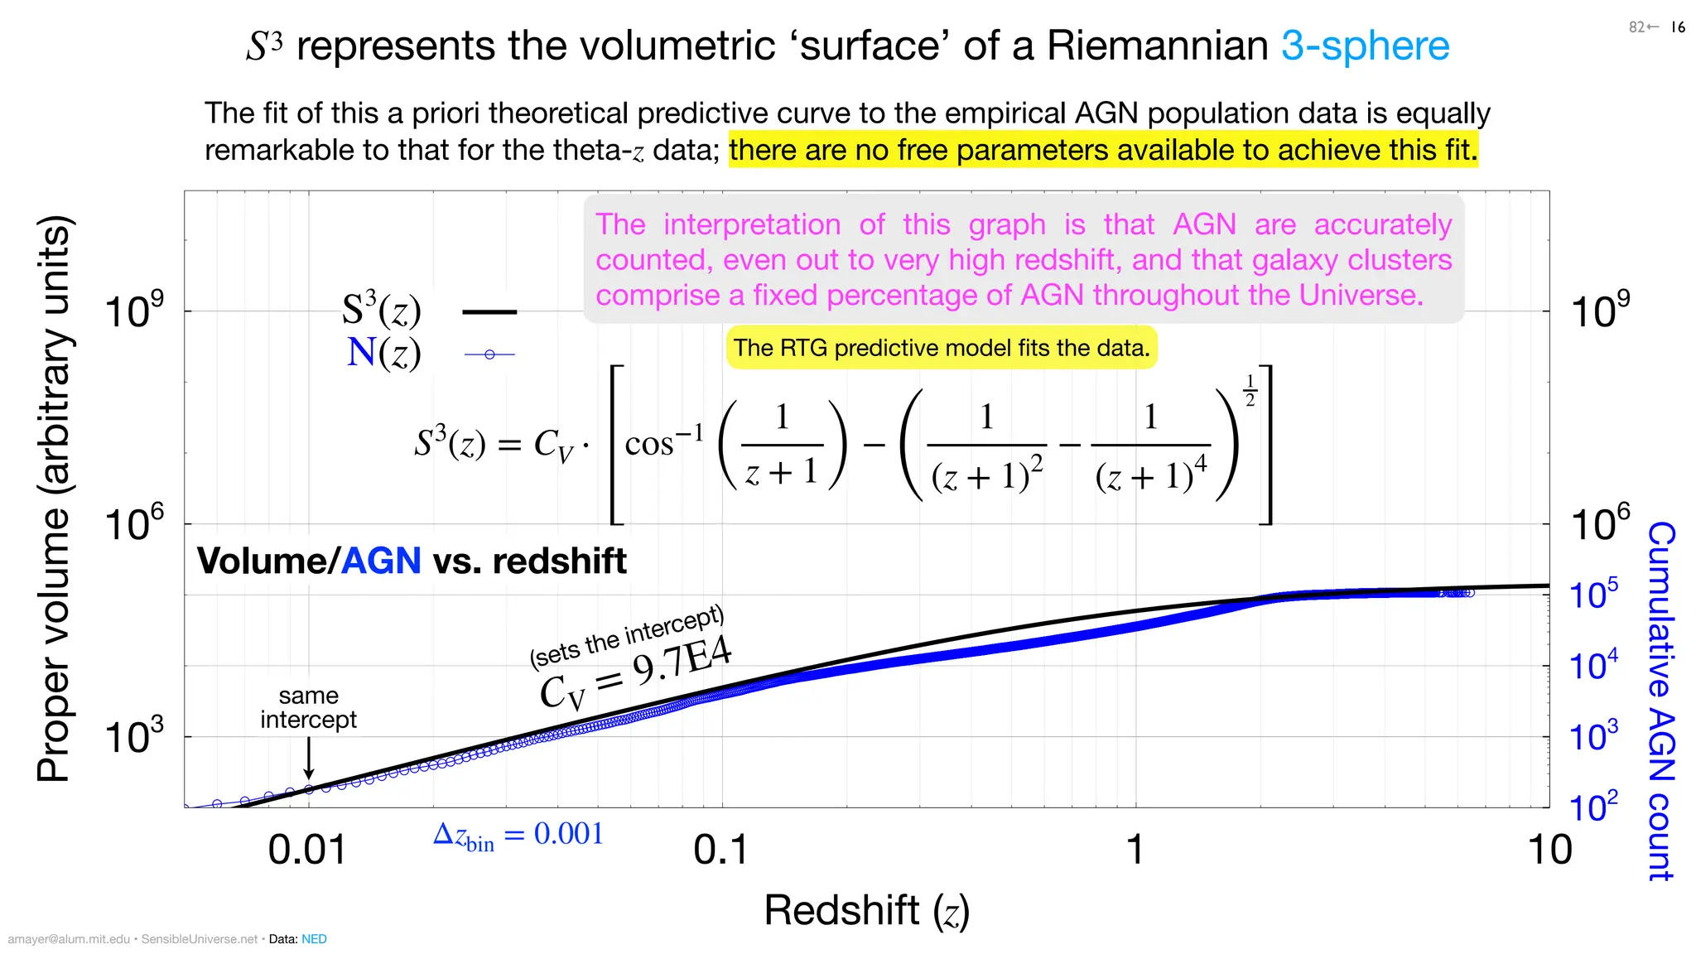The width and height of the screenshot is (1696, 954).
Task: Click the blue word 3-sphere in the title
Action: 1365,46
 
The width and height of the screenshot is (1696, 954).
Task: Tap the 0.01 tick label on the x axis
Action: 307,850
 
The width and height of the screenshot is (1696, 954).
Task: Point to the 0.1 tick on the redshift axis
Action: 721,850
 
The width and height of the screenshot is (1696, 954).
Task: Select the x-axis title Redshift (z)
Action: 866,910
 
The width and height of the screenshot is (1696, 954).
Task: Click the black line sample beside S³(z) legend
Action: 489,312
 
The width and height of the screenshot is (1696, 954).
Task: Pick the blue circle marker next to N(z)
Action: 489,354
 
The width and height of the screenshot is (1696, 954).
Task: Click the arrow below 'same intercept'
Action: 308,758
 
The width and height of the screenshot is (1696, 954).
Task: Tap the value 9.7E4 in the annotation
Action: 682,662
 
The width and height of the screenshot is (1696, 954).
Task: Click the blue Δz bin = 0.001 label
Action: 518,835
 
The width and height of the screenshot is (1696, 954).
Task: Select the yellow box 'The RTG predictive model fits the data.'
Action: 942,348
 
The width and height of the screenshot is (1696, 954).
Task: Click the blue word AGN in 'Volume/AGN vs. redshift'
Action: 381,561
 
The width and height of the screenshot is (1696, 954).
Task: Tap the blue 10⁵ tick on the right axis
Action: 1593,595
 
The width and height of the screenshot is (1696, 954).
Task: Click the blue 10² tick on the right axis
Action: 1593,807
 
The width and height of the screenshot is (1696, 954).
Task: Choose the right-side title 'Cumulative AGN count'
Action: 1661,701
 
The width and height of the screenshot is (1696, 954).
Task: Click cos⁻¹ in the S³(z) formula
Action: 663,443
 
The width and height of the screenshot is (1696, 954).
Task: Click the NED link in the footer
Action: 314,939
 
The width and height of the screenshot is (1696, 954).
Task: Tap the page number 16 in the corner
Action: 1678,27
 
